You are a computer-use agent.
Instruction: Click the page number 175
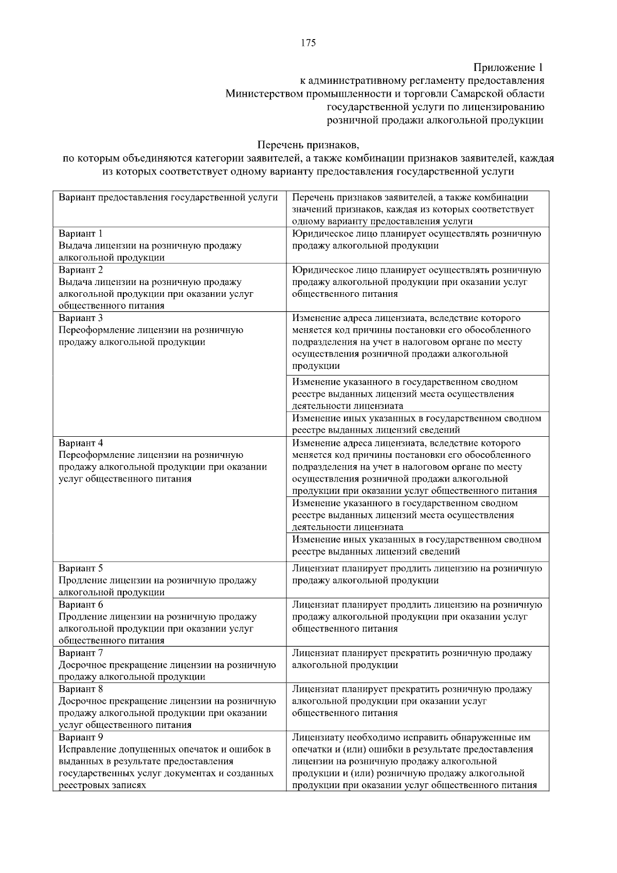pos(308,43)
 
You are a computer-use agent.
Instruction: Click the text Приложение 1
pos(508,67)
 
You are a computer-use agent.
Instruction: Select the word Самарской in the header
pos(473,94)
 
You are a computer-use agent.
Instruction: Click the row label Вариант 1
pos(81,234)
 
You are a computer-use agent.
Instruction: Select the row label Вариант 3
pos(81,318)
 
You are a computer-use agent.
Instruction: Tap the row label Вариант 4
pos(81,443)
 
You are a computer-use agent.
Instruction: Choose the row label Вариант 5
pos(81,568)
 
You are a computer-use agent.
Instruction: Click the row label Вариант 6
pos(81,604)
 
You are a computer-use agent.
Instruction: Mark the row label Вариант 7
pos(81,653)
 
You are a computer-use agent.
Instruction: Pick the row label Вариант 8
pos(81,689)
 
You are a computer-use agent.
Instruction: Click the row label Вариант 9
pos(81,737)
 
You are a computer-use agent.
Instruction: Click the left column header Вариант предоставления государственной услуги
pos(168,198)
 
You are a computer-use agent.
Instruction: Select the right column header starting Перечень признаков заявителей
pos(410,198)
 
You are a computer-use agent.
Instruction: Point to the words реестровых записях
pos(102,785)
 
